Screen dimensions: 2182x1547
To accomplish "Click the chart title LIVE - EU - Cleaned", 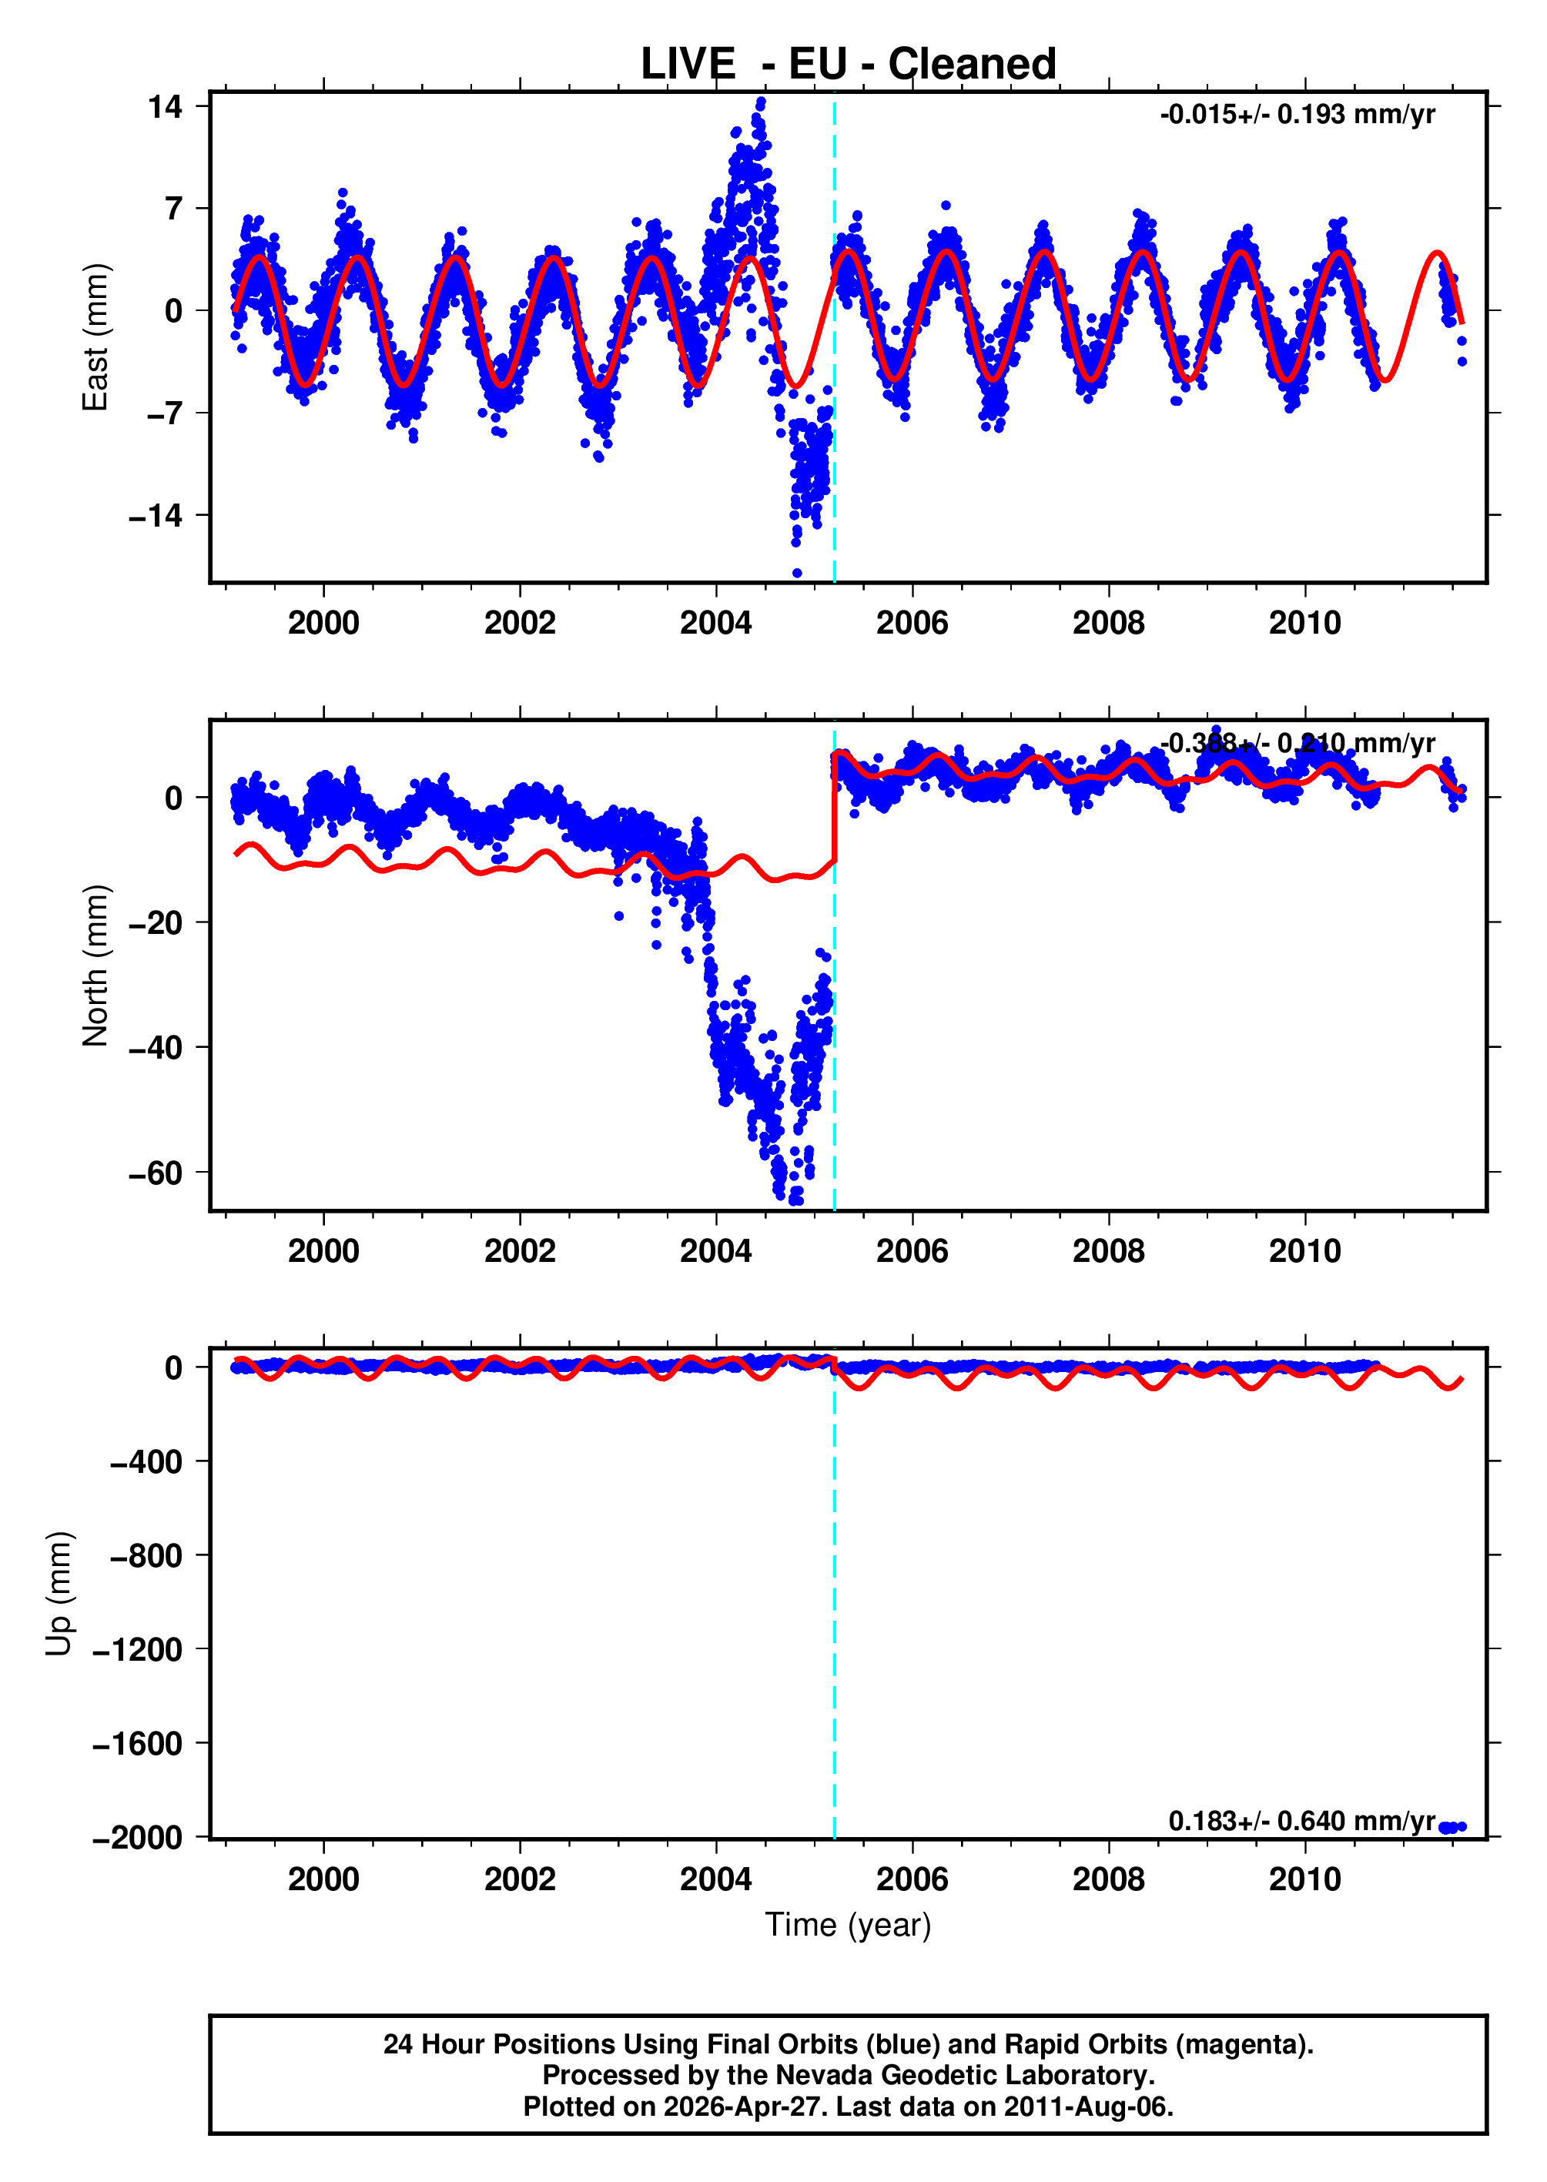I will pyautogui.click(x=848, y=64).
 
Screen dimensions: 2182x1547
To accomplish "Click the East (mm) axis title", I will pyautogui.click(x=95, y=337).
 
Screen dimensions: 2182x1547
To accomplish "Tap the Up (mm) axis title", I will pyautogui.click(x=59, y=1594).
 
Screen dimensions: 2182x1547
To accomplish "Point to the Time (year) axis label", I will pyautogui.click(x=848, y=1924).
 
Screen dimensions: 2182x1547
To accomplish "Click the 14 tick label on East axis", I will pyautogui.click(x=165, y=107).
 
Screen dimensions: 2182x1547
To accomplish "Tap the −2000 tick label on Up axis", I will pyautogui.click(x=137, y=1837).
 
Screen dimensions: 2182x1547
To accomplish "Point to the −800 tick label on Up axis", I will pyautogui.click(x=146, y=1555).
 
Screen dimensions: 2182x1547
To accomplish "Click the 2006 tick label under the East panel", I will pyautogui.click(x=912, y=623).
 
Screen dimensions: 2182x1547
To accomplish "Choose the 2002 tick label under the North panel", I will pyautogui.click(x=519, y=1250).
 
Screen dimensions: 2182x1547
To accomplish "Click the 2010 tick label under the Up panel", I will pyautogui.click(x=1304, y=1879).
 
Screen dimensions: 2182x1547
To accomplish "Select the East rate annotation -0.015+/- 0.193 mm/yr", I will pyautogui.click(x=1298, y=115).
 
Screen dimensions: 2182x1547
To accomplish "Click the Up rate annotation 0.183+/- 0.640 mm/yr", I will pyautogui.click(x=1301, y=1821).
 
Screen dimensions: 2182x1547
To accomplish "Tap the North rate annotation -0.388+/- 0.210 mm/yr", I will pyautogui.click(x=1298, y=743).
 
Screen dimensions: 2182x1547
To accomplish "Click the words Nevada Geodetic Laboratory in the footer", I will pyautogui.click(x=964, y=2074).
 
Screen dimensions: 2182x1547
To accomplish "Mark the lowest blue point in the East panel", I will pyautogui.click(x=797, y=572).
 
